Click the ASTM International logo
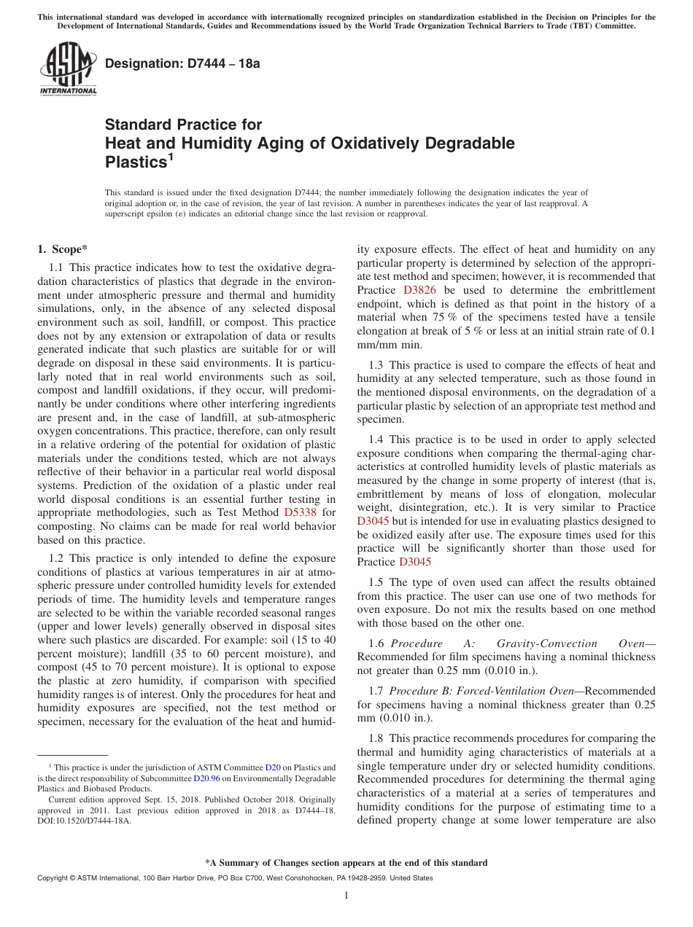(x=68, y=69)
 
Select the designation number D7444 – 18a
(x=182, y=64)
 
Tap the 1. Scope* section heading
(x=63, y=249)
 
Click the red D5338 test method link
(x=300, y=512)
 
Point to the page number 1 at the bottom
(x=346, y=896)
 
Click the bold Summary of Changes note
(x=346, y=863)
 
